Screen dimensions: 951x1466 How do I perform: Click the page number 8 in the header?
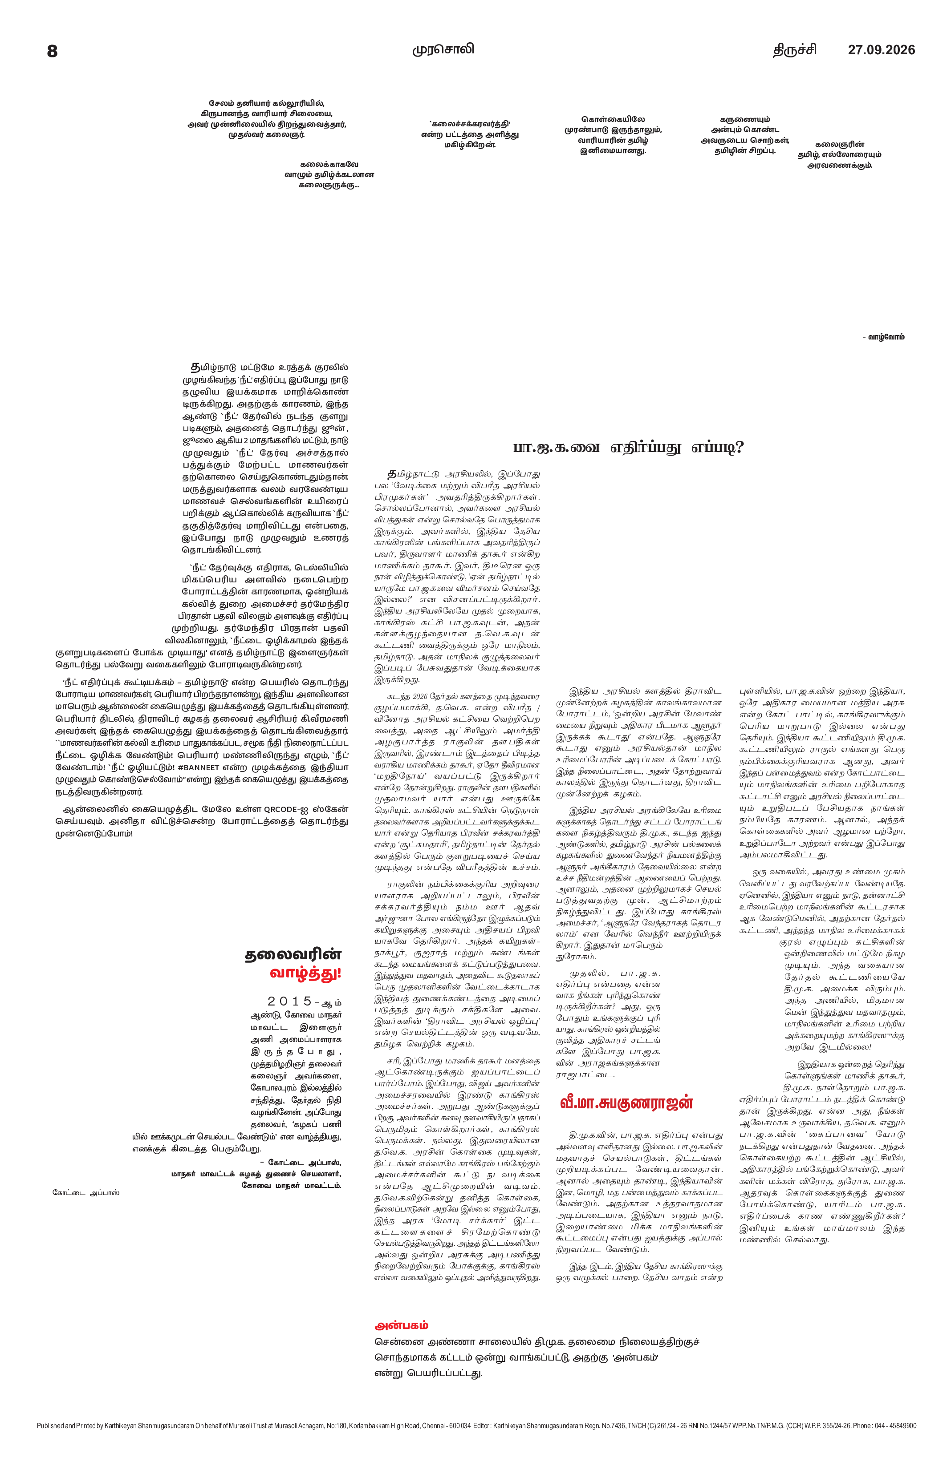pos(53,51)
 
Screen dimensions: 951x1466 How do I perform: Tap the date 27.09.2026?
pos(882,50)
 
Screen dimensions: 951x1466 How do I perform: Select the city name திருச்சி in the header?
pos(795,50)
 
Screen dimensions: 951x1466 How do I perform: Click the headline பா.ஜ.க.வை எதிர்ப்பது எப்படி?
pos(629,447)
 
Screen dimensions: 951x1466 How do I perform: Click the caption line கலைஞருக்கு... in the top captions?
pos(329,184)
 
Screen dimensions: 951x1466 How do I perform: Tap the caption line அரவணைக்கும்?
pos(839,165)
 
